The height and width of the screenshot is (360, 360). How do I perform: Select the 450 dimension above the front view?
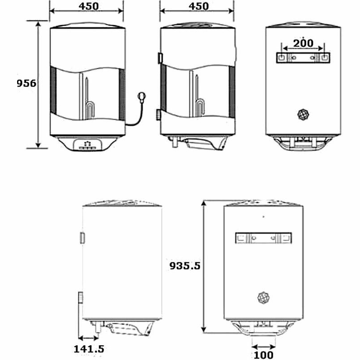click(86, 6)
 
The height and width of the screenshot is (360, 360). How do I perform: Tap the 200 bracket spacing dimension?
click(303, 43)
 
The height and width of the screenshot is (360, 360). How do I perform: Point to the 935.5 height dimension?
click(184, 265)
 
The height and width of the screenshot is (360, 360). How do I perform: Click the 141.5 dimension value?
click(90, 349)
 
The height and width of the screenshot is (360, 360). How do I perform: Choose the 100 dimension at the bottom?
click(263, 355)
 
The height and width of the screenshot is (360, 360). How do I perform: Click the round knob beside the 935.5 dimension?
click(263, 297)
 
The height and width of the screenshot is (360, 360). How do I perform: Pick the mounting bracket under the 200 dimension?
click(303, 58)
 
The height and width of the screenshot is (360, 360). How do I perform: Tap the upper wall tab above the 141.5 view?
click(81, 238)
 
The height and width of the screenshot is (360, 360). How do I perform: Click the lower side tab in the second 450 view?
click(159, 115)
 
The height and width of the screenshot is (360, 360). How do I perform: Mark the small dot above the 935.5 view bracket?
click(263, 217)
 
